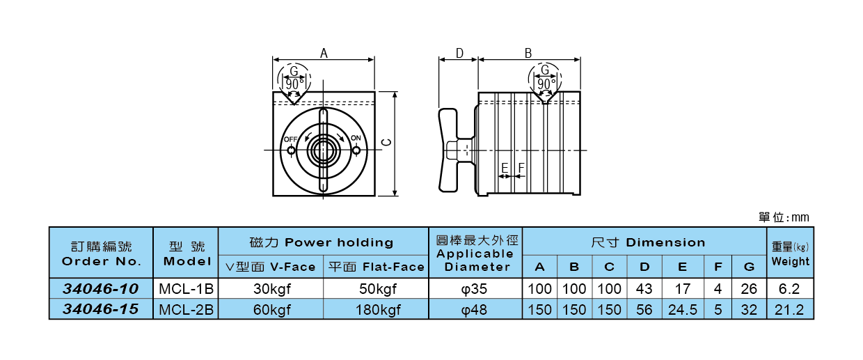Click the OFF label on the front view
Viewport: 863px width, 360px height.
click(290, 139)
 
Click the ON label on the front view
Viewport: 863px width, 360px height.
click(356, 138)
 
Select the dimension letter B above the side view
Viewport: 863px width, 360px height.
click(528, 53)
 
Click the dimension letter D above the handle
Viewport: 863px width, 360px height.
click(459, 53)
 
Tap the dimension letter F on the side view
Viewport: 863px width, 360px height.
click(520, 167)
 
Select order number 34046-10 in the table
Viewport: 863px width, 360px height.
click(100, 288)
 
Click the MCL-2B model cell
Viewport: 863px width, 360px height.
click(185, 309)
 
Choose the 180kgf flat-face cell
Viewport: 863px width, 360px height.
click(376, 309)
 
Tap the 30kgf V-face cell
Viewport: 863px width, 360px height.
click(271, 288)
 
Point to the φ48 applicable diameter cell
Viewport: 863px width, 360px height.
click(475, 309)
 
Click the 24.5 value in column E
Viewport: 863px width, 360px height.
click(682, 309)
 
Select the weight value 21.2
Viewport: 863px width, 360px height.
click(790, 309)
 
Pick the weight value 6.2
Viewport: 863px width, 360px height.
click(790, 288)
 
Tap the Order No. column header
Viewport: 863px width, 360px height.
click(100, 254)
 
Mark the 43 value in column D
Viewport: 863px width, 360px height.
click(644, 288)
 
